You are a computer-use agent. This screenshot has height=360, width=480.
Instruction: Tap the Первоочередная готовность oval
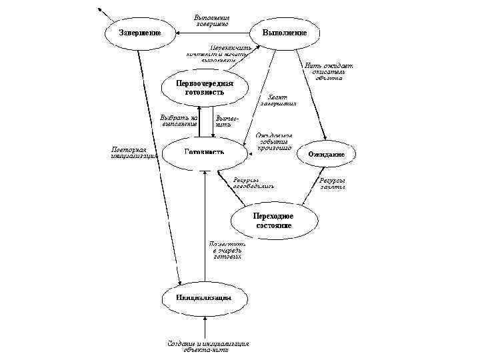[204, 88]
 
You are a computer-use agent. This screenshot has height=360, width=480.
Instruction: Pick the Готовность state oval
[204, 152]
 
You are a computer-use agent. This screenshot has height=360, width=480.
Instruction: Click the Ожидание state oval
[326, 154]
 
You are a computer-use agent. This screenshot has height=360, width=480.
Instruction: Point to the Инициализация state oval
[203, 297]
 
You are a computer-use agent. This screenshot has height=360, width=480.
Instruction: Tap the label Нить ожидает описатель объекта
[329, 71]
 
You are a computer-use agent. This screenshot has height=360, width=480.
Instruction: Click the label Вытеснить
[224, 122]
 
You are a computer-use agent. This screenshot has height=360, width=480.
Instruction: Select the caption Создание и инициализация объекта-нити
[207, 347]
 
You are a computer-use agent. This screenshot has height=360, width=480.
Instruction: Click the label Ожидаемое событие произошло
[274, 142]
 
